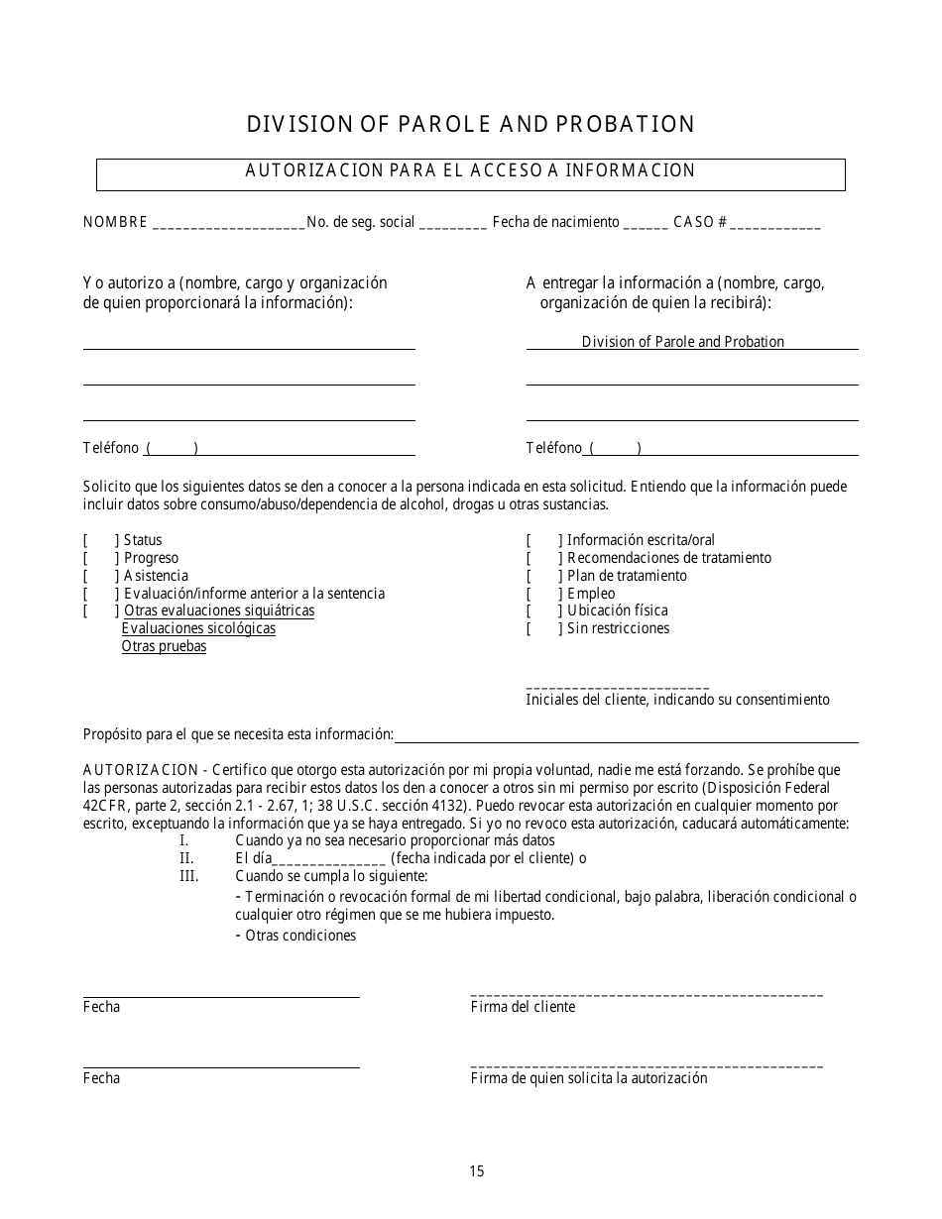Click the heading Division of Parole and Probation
[x=470, y=124]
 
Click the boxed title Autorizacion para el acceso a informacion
[x=470, y=170]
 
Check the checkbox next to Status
[x=101, y=540]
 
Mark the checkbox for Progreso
[x=101, y=558]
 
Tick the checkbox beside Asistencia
[x=101, y=576]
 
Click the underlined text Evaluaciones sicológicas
[x=198, y=628]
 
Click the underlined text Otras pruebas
[x=164, y=646]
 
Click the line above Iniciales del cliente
[x=617, y=687]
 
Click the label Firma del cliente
[x=523, y=1007]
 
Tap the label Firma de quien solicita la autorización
[x=589, y=1078]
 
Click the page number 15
[x=477, y=1171]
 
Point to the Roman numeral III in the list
[x=188, y=876]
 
